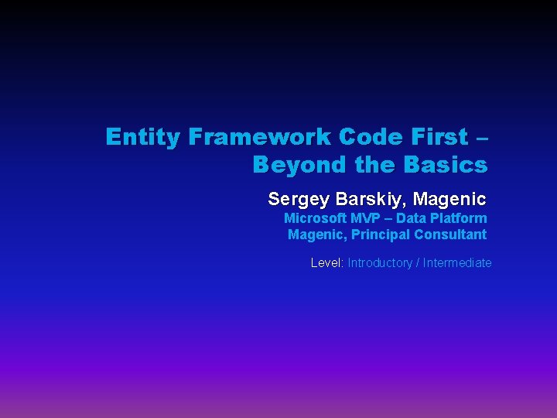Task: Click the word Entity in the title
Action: [x=142, y=138]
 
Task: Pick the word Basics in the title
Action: [x=445, y=166]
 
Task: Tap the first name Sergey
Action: [x=299, y=200]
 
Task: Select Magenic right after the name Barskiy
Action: [x=449, y=200]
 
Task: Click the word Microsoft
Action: [x=315, y=219]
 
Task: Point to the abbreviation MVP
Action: [x=367, y=219]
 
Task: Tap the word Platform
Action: [x=460, y=219]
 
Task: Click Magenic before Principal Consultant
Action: [x=316, y=235]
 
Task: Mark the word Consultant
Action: [x=451, y=235]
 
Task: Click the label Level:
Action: [x=327, y=263]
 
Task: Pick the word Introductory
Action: [x=380, y=263]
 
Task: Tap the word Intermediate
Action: [x=457, y=263]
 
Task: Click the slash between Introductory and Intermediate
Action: [x=418, y=263]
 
